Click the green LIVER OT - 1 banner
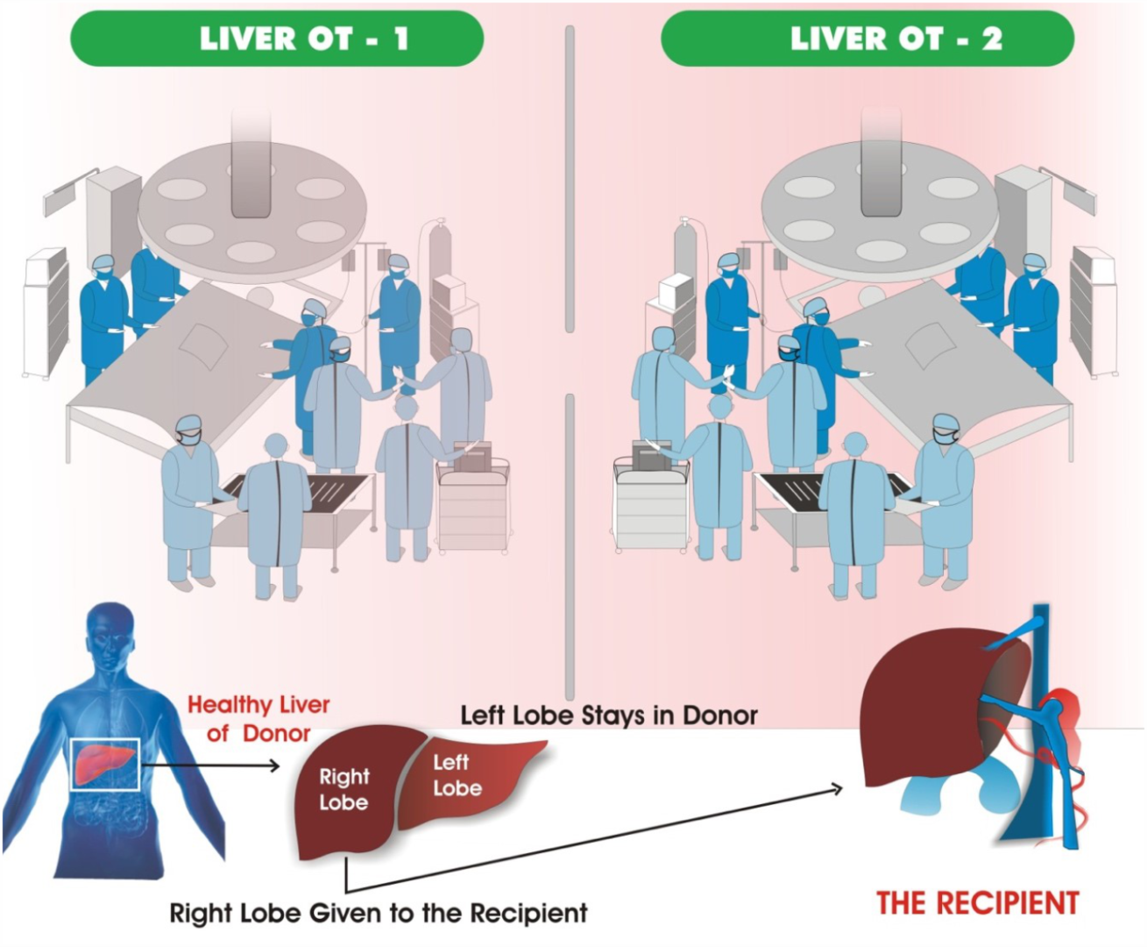point(277,39)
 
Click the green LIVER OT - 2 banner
point(867,39)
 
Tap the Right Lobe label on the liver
point(343,789)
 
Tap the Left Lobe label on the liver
point(457,775)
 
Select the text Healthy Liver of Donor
point(258,719)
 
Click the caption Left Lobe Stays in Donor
point(609,716)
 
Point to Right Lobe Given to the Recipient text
point(379,914)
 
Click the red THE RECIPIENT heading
point(977,903)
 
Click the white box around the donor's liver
point(106,764)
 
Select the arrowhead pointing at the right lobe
point(273,765)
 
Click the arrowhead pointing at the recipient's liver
point(836,789)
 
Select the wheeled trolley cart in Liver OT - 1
point(473,509)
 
